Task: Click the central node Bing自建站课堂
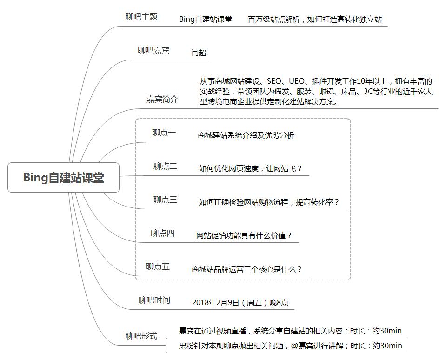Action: [63, 177]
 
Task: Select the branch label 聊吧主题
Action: [141, 17]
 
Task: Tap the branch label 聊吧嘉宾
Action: [153, 51]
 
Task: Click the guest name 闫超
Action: [199, 53]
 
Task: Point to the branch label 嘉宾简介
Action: [162, 99]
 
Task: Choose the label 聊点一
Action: [164, 133]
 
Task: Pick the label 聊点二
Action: [165, 167]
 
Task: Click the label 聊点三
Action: [165, 200]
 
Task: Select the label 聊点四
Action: [162, 233]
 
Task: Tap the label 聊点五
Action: [158, 267]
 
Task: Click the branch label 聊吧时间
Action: [154, 300]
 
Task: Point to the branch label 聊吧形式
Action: [141, 336]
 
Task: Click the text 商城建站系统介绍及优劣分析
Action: [246, 135]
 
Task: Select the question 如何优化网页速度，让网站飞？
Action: [250, 169]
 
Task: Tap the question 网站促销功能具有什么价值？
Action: [244, 236]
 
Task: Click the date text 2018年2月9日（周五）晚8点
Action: [240, 303]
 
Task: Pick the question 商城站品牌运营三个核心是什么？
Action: [246, 269]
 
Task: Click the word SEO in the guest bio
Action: [274, 81]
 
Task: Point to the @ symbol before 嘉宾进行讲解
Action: [295, 346]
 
